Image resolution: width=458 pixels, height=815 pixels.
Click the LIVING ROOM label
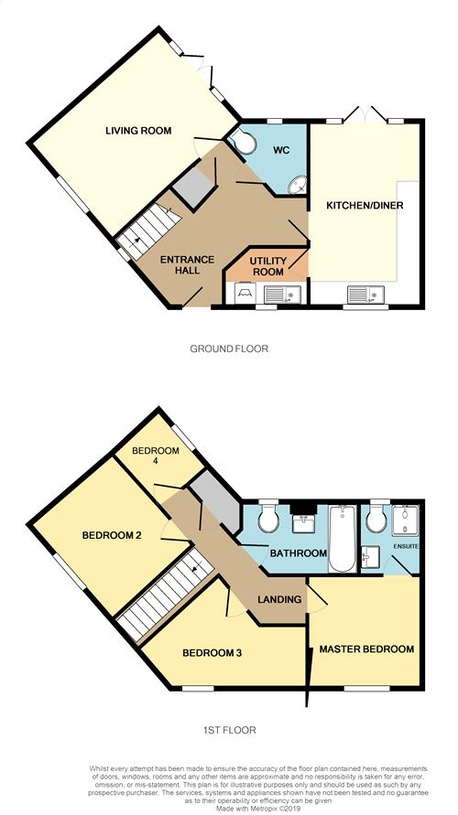(x=138, y=131)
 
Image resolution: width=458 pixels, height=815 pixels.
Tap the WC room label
(x=280, y=151)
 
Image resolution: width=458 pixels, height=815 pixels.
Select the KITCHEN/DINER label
(x=365, y=205)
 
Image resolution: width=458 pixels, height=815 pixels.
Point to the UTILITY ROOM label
(x=268, y=265)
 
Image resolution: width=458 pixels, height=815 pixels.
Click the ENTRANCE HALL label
(x=180, y=264)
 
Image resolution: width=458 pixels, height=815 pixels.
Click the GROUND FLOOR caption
(x=229, y=349)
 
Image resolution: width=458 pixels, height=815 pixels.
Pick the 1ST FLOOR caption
(x=230, y=730)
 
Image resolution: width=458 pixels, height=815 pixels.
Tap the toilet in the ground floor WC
(x=241, y=140)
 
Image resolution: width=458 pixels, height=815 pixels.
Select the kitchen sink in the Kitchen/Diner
(x=366, y=295)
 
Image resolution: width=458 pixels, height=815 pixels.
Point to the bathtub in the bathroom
(x=343, y=538)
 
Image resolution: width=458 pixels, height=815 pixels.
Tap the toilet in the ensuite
(x=376, y=518)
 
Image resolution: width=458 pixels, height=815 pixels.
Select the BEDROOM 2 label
(x=112, y=535)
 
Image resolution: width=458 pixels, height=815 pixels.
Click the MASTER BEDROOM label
(x=367, y=649)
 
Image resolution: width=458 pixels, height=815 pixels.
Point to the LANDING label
(x=279, y=599)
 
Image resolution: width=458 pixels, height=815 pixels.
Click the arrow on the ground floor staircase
(x=136, y=241)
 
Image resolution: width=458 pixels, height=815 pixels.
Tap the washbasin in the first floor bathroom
(x=303, y=524)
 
